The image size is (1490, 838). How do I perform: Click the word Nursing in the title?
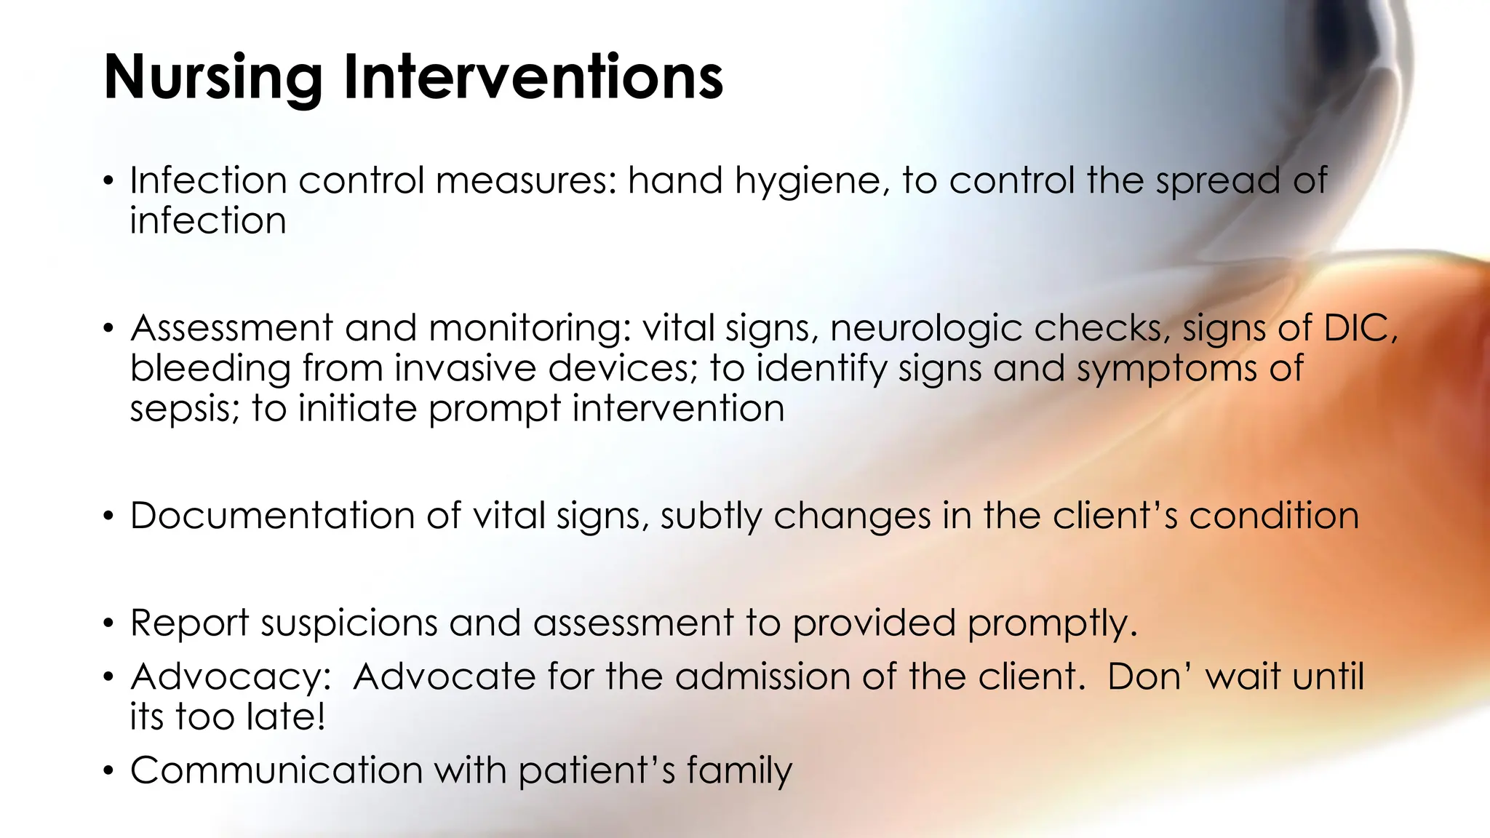213,79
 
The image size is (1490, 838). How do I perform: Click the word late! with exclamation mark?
285,717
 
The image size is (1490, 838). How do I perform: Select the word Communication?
276,770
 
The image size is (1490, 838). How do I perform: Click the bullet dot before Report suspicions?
108,624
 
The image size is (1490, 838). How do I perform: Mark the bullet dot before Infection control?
108,181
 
